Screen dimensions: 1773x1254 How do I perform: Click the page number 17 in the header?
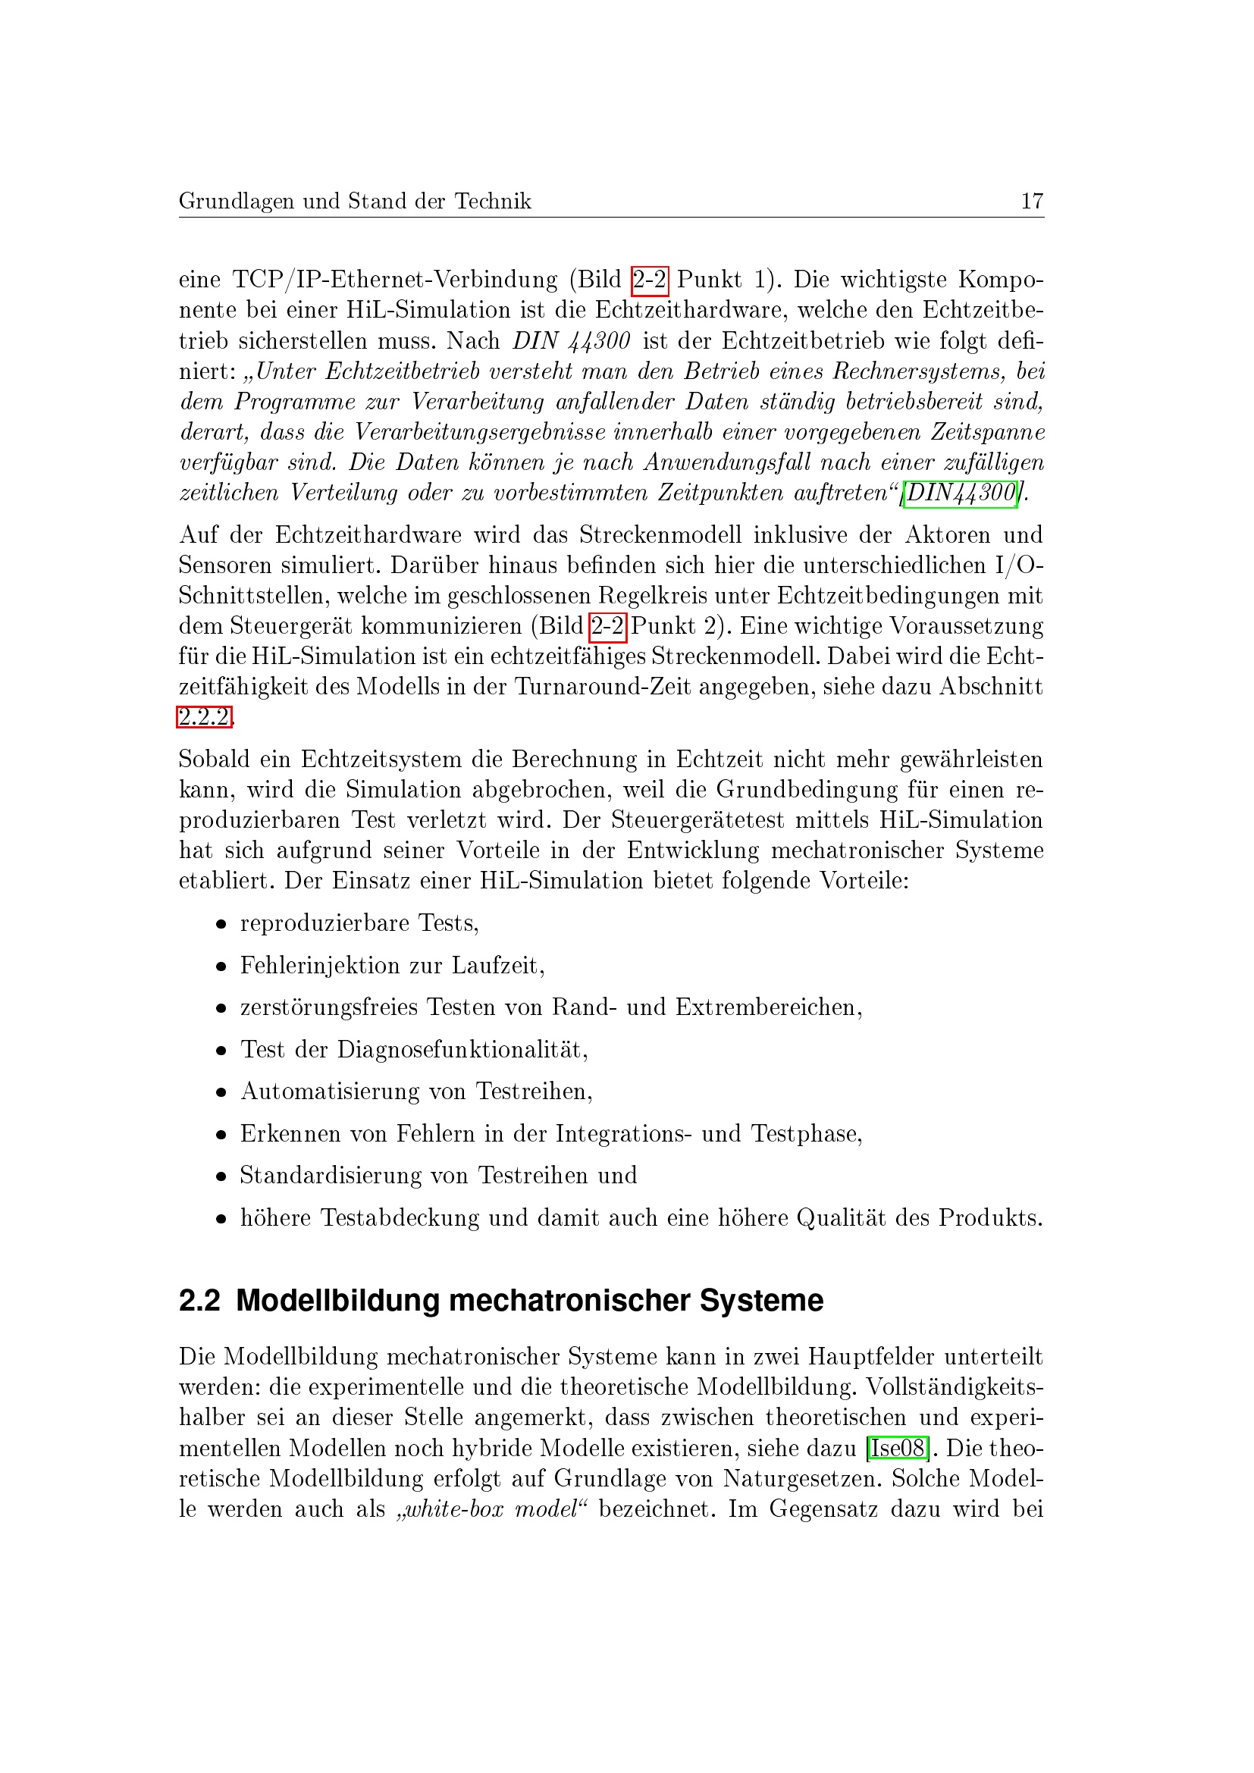[x=1032, y=202]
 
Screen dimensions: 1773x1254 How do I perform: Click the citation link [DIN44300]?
[x=961, y=493]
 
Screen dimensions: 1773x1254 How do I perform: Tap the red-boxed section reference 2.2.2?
[x=205, y=717]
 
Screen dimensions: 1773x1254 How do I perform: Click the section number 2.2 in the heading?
[x=199, y=1302]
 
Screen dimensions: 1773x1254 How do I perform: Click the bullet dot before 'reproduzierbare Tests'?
[x=221, y=924]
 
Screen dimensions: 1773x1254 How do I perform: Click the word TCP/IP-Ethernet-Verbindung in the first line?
[x=394, y=279]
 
